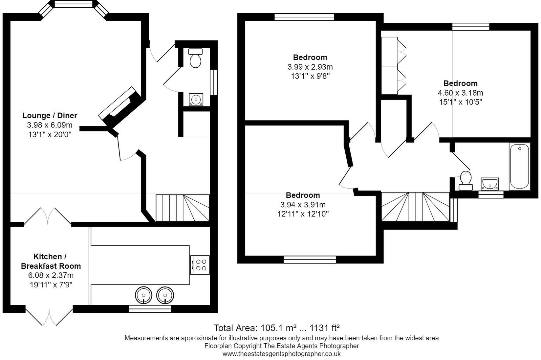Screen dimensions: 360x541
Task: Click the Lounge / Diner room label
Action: (50, 115)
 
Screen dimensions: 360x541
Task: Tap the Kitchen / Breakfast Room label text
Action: (51, 261)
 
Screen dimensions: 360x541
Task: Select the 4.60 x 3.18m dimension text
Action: (460, 93)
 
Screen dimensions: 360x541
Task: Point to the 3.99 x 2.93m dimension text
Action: (310, 67)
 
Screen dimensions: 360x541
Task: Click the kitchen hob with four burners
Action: (200, 265)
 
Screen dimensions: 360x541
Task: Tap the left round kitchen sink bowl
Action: (143, 295)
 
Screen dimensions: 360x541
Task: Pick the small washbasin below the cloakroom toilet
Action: (196, 99)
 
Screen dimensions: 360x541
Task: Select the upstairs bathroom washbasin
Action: (490, 184)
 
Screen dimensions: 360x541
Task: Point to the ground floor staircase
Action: (183, 208)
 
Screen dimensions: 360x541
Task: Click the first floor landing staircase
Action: (415, 207)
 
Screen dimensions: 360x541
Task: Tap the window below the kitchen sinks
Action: (150, 309)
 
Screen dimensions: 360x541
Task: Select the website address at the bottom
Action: (281, 354)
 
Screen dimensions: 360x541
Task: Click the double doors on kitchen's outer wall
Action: (49, 316)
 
